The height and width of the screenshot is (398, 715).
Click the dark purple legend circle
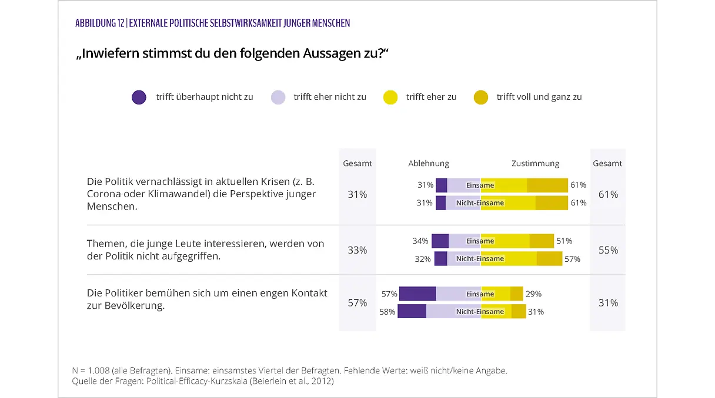(x=139, y=97)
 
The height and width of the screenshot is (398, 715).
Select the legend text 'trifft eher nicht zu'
(x=329, y=97)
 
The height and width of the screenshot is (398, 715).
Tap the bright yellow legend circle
(x=390, y=97)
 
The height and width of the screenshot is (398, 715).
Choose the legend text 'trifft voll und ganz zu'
(x=539, y=97)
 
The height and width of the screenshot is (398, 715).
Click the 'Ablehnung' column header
(x=429, y=164)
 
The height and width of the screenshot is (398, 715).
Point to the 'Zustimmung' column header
(x=535, y=164)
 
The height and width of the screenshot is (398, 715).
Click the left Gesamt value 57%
(x=357, y=303)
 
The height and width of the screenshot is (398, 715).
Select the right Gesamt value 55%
(x=608, y=250)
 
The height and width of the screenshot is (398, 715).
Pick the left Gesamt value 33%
(x=357, y=250)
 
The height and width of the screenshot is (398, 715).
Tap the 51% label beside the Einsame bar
(x=564, y=241)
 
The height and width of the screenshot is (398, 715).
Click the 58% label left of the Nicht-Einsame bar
(x=387, y=312)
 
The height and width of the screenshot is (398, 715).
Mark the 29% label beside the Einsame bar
(x=533, y=294)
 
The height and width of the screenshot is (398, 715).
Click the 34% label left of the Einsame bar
(x=421, y=241)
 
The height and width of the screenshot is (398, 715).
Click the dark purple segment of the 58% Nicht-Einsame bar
(x=412, y=312)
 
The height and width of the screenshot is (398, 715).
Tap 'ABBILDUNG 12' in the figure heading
(x=99, y=23)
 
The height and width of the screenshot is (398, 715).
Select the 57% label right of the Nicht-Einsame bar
(x=572, y=259)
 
